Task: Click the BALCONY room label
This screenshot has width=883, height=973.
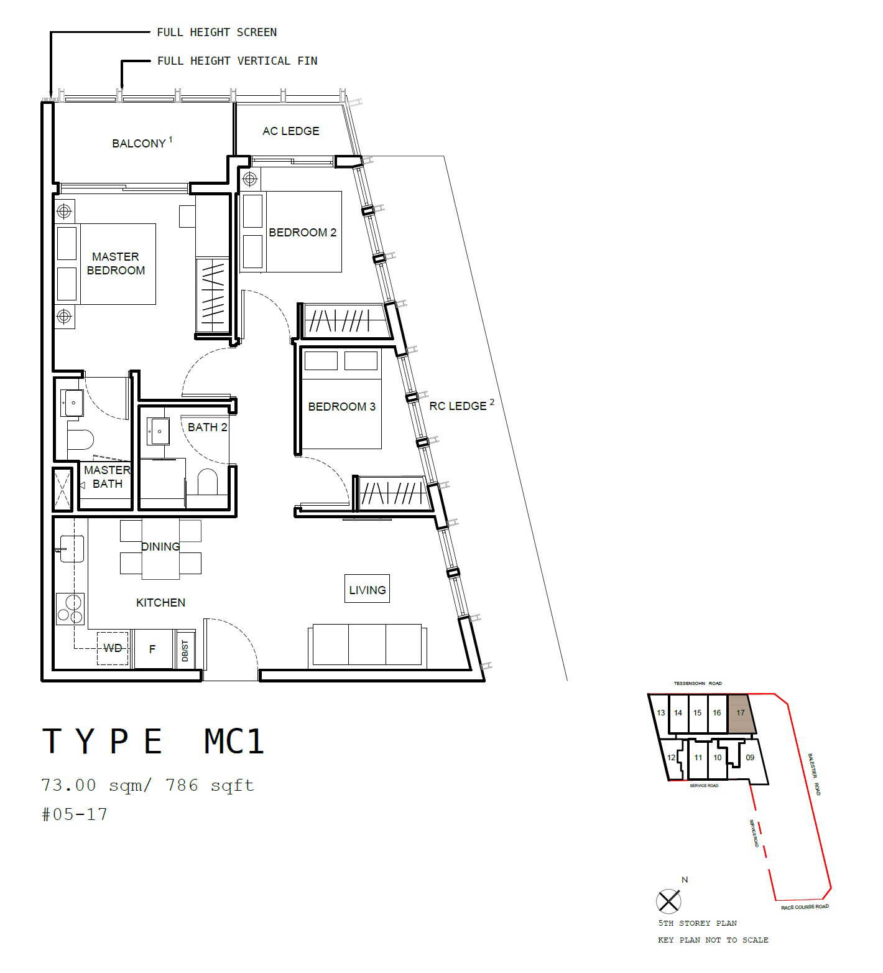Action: pos(139,143)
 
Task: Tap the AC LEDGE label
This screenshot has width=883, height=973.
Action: pos(290,131)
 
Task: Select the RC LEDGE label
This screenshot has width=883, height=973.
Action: pos(458,406)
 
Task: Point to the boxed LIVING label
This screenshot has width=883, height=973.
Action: pos(367,589)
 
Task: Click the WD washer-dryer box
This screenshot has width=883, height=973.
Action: pos(113,649)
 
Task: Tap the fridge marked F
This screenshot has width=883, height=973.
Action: pos(153,649)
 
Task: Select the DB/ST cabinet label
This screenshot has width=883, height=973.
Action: pos(185,650)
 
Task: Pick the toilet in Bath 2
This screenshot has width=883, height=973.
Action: pos(207,482)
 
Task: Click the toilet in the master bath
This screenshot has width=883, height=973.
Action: pos(80,440)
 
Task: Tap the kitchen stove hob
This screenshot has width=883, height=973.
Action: pos(70,608)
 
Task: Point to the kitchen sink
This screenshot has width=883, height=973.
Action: pos(71,548)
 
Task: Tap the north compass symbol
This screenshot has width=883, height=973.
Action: pos(669,901)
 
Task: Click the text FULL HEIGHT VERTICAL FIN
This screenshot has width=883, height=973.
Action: pos(238,61)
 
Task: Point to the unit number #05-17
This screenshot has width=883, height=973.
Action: pos(75,814)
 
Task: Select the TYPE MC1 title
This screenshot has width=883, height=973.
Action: pos(154,741)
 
